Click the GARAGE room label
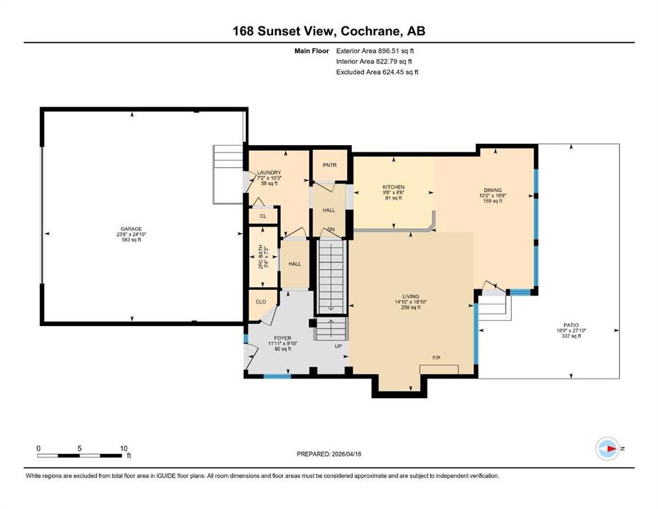tap(131, 229)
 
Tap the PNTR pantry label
tap(330, 165)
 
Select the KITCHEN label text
tap(394, 187)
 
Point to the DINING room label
tap(492, 190)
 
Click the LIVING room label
tap(410, 296)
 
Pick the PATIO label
tap(571, 325)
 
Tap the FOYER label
tap(283, 338)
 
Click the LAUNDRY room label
tap(269, 172)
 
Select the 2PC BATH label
tap(260, 256)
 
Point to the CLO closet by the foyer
tap(261, 302)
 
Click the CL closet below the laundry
tap(263, 216)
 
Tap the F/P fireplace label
tap(437, 358)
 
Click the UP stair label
tap(338, 346)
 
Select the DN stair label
tap(331, 229)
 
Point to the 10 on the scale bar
tap(124, 448)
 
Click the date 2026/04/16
tap(347, 454)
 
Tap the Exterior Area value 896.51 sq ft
tap(396, 51)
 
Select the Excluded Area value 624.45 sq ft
tap(400, 72)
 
